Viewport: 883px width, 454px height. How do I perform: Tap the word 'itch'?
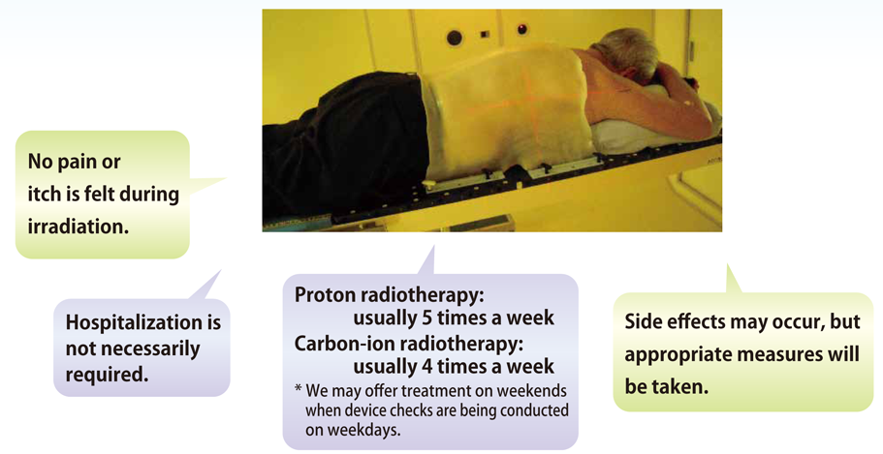tap(44, 195)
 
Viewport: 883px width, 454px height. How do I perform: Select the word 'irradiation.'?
tap(79, 227)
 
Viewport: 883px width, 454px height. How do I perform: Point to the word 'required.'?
tap(107, 374)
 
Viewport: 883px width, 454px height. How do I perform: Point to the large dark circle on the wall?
tap(454, 38)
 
